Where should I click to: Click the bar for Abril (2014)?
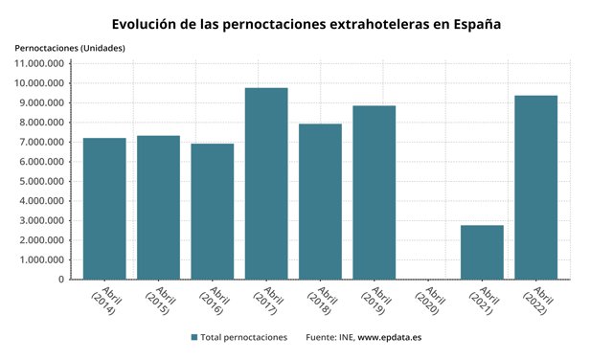click(104, 209)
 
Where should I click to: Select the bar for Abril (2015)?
click(158, 207)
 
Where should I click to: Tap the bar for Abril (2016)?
click(212, 212)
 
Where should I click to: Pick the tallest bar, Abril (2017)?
click(266, 183)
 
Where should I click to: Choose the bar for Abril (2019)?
click(374, 192)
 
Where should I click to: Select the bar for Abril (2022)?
click(535, 187)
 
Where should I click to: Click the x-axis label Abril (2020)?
click(428, 304)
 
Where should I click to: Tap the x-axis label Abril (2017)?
click(266, 304)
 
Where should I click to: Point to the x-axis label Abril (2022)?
click(535, 304)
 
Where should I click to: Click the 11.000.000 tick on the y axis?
click(39, 63)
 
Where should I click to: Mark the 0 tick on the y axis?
click(59, 280)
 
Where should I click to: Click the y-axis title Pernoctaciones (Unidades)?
click(69, 47)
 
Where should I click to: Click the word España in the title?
click(473, 23)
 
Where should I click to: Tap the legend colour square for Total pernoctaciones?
click(194, 338)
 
